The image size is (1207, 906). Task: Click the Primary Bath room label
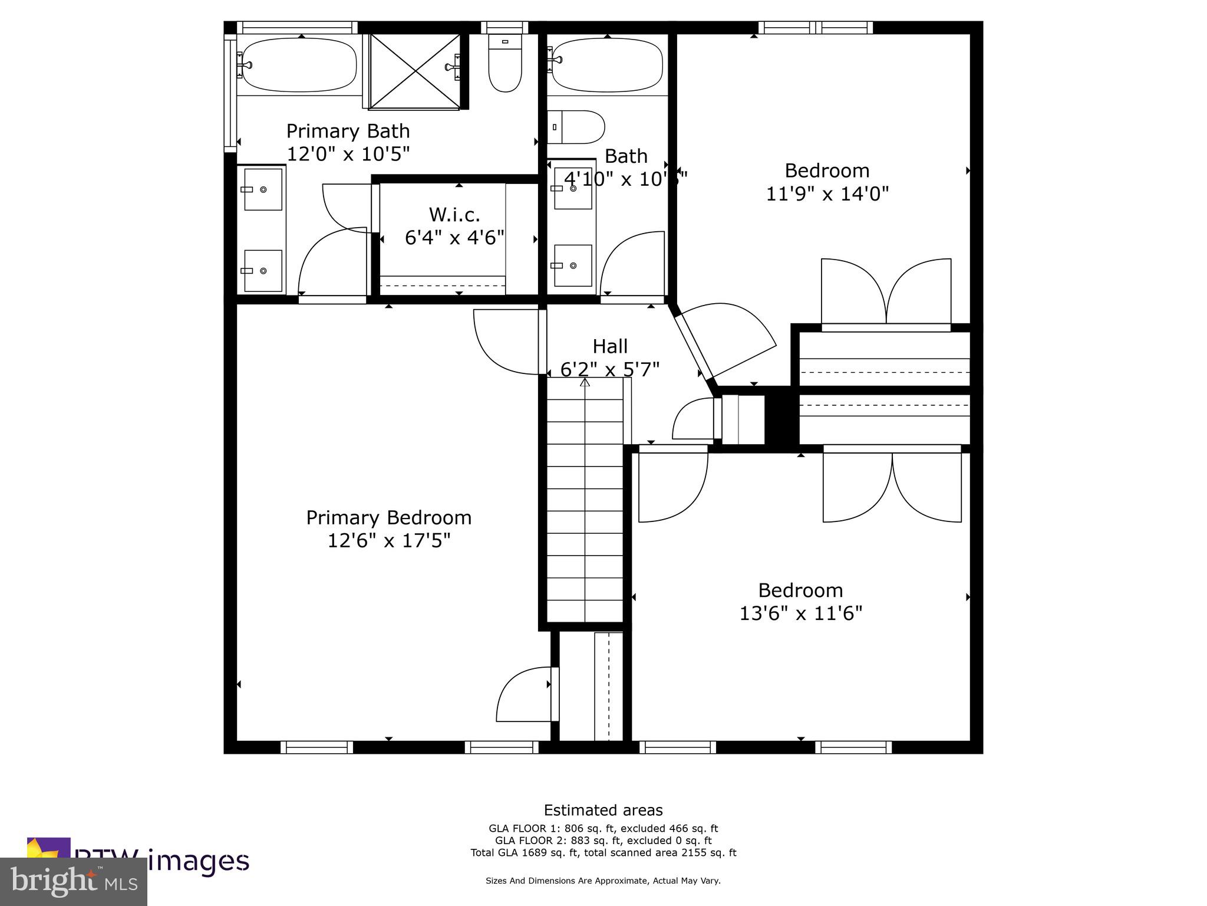point(348,131)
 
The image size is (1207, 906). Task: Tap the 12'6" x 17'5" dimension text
point(388,541)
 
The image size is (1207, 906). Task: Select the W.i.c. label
point(454,215)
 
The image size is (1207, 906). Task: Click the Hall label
point(609,346)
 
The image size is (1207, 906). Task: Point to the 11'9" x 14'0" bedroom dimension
point(827,194)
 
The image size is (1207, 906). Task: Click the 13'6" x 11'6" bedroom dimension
point(800,614)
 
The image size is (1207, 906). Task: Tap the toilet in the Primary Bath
point(505,63)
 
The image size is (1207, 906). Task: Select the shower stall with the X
point(415,71)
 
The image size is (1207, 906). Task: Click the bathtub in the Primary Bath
point(299,65)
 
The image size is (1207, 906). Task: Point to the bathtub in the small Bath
point(607,65)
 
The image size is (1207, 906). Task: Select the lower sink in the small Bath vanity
point(572,266)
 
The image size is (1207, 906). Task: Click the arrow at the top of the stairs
point(585,382)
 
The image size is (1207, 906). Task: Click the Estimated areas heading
point(603,810)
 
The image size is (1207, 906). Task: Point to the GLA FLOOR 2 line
point(603,841)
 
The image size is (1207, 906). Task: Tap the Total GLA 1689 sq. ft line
point(603,853)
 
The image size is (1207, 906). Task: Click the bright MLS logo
point(74,882)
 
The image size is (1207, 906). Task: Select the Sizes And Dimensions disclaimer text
point(603,881)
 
